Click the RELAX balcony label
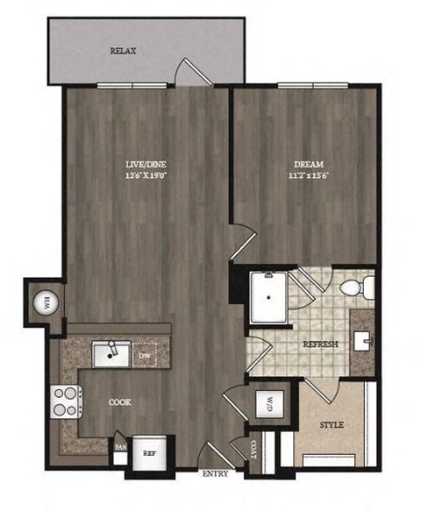[x=123, y=52]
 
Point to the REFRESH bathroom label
[x=320, y=344]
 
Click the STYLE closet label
[x=331, y=425]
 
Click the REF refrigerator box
[x=148, y=455]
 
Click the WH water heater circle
[x=41, y=303]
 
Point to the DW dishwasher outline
[x=146, y=353]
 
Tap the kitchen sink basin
[x=111, y=352]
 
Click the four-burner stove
[x=66, y=401]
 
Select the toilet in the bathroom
[x=360, y=287]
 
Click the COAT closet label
[x=255, y=451]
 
